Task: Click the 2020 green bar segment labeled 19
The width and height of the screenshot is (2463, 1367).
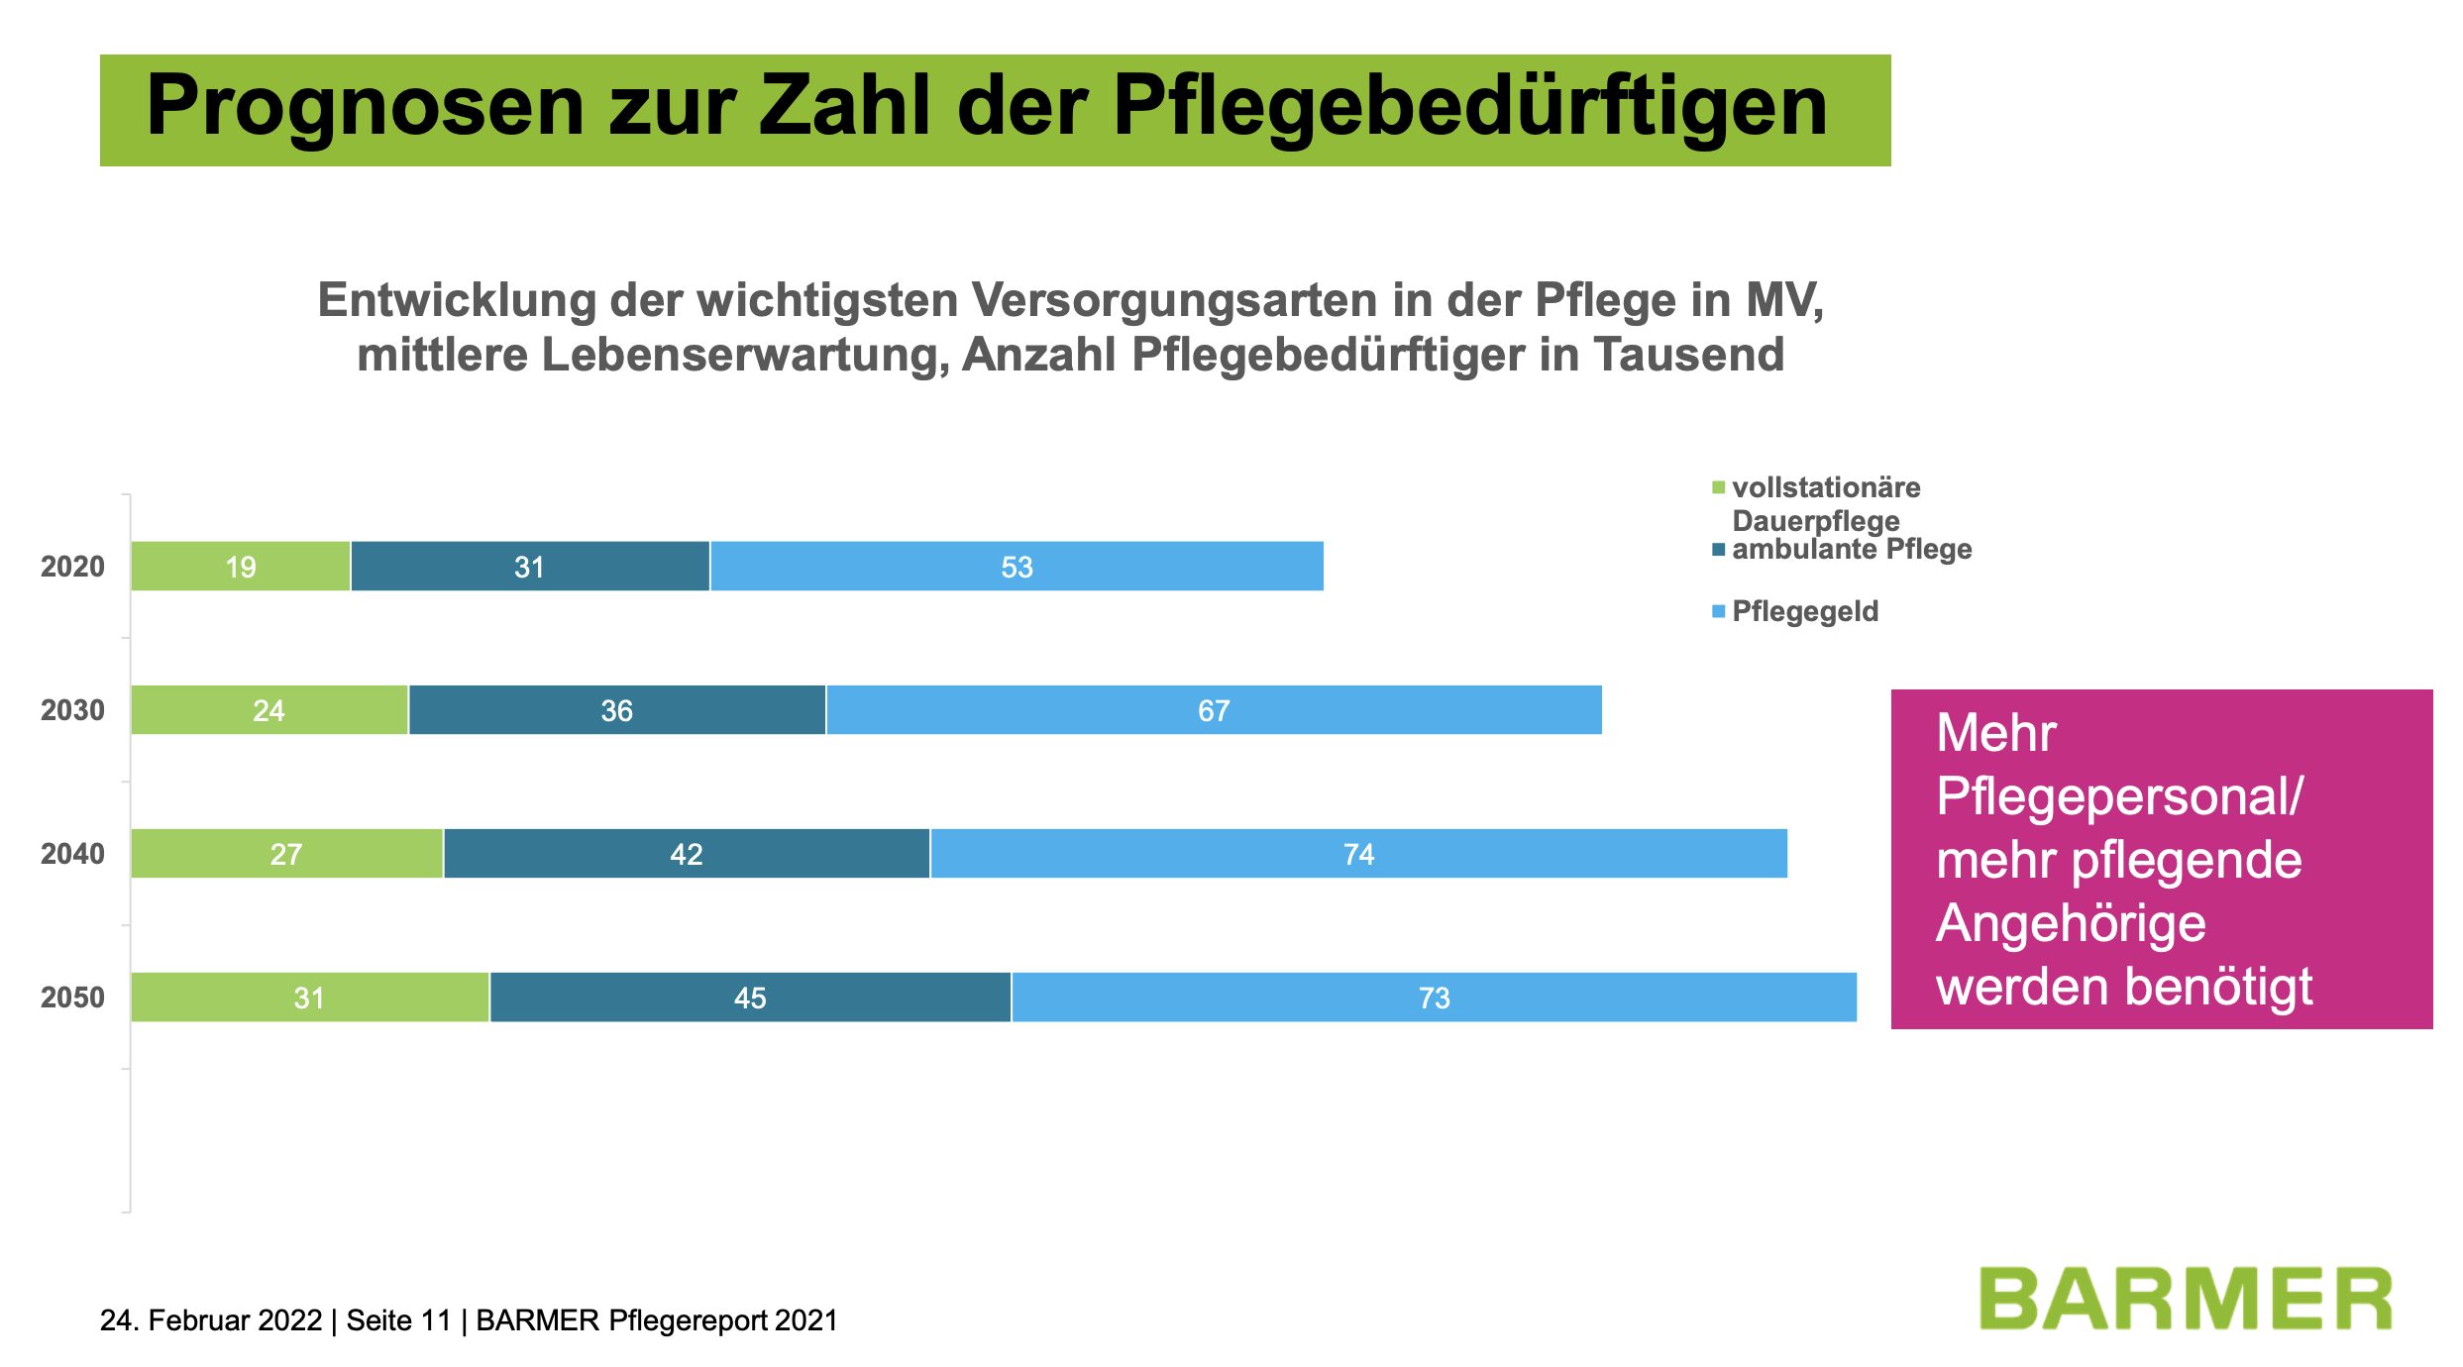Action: (x=241, y=567)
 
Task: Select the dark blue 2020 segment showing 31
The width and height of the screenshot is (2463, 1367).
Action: (x=530, y=567)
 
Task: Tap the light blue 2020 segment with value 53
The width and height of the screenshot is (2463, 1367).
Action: (x=1017, y=567)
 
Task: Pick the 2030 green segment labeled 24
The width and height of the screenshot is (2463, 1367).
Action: (x=269, y=710)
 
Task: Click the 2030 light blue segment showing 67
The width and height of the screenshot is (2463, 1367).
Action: (x=1214, y=710)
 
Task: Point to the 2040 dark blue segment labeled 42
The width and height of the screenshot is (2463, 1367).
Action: (x=687, y=854)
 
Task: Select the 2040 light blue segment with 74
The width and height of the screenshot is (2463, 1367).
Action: (x=1358, y=854)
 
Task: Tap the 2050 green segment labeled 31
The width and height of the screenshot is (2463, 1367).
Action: (x=310, y=998)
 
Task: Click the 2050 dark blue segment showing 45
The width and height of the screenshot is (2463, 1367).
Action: (x=750, y=998)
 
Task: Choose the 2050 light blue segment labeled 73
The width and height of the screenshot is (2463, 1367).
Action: (x=1434, y=998)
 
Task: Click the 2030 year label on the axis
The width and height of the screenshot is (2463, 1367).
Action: (x=72, y=710)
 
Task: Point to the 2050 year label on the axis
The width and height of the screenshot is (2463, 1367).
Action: (x=72, y=998)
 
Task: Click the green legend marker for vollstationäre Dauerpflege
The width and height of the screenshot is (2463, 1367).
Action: (x=1719, y=487)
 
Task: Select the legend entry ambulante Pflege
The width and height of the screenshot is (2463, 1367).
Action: (x=1851, y=550)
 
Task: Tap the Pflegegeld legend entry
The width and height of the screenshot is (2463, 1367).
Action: (x=1804, y=612)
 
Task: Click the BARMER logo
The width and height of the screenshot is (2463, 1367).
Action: (x=2186, y=1299)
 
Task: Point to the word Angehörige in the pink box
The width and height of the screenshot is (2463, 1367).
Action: (x=2071, y=924)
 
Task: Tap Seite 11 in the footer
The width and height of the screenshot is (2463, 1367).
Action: (x=398, y=1320)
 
